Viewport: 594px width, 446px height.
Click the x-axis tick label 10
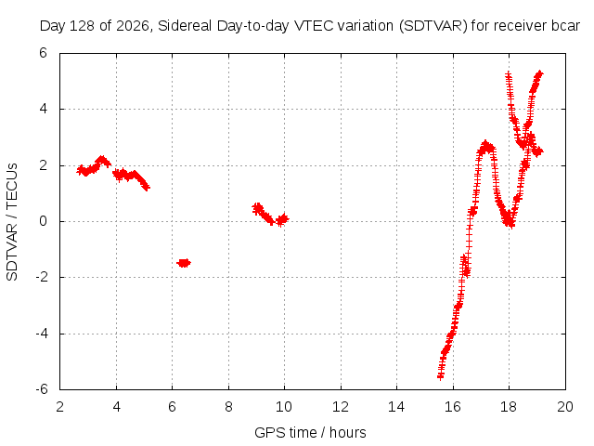point(284,407)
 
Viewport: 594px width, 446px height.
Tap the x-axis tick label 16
point(452,407)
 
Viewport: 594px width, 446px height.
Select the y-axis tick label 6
point(44,53)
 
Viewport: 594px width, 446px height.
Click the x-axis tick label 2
point(59,407)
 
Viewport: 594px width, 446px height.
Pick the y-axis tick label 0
point(44,221)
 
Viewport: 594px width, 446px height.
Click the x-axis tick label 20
point(565,407)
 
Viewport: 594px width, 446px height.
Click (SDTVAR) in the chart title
point(433,26)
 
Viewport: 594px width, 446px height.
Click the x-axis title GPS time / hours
point(310,433)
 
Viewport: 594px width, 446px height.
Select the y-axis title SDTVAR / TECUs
point(12,222)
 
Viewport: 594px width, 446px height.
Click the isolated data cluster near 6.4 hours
point(184,263)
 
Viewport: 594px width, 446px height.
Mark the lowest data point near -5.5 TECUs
point(440,376)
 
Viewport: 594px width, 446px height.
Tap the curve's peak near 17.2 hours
point(485,144)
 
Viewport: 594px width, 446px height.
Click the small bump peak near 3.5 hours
point(101,159)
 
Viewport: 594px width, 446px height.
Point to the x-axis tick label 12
point(341,407)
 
